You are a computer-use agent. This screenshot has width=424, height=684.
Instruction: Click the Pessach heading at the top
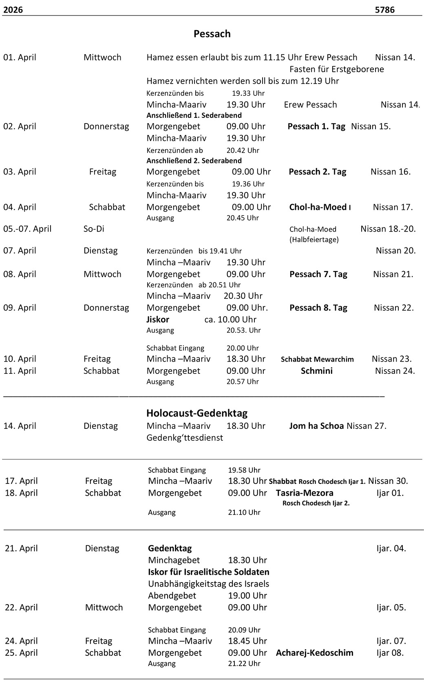(212, 34)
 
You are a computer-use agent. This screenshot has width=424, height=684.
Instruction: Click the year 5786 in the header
(384, 10)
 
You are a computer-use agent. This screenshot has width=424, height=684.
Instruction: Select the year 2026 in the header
(13, 10)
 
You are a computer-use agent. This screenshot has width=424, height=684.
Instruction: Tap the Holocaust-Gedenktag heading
(197, 413)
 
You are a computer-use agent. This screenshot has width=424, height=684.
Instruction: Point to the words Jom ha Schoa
(316, 426)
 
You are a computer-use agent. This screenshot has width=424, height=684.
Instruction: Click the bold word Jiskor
(158, 320)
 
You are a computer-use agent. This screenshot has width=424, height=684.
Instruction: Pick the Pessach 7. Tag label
(318, 274)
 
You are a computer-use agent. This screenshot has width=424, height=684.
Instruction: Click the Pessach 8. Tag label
(318, 308)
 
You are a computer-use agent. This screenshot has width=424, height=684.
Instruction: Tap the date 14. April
(20, 426)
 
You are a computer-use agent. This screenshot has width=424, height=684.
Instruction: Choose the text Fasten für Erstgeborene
(336, 69)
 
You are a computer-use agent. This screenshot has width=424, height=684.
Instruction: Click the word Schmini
(316, 371)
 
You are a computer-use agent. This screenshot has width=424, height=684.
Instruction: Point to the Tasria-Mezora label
(305, 493)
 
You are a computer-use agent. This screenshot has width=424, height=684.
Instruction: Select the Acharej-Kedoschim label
(314, 653)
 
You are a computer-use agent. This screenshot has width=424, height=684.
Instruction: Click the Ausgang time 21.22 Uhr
(244, 664)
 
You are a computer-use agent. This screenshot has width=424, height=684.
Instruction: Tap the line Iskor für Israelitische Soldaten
(208, 572)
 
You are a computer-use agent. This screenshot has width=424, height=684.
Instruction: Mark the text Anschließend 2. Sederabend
(194, 161)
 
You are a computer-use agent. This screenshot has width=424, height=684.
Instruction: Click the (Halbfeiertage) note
(314, 240)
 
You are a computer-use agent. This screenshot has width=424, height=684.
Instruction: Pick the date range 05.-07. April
(27, 229)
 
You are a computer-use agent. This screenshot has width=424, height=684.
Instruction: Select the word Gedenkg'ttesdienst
(185, 438)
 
